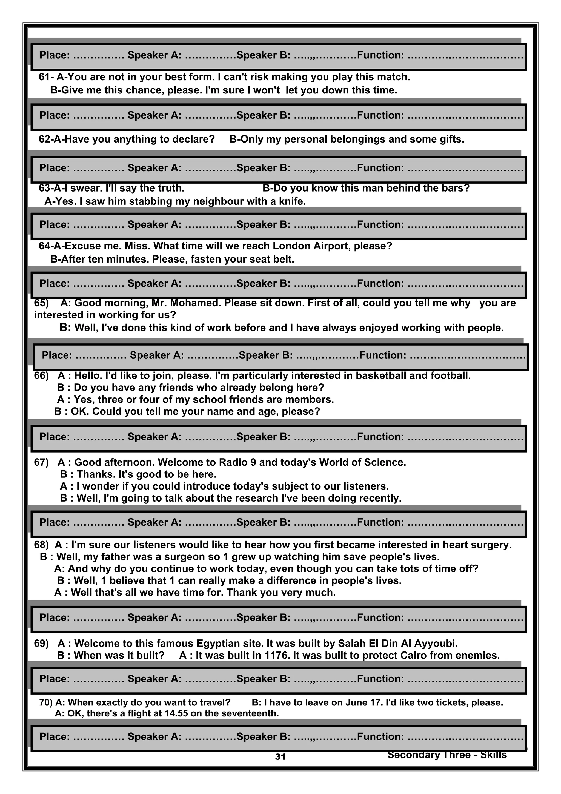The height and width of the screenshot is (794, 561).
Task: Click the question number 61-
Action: tap(46, 77)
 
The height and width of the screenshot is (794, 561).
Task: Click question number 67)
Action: tap(41, 462)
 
